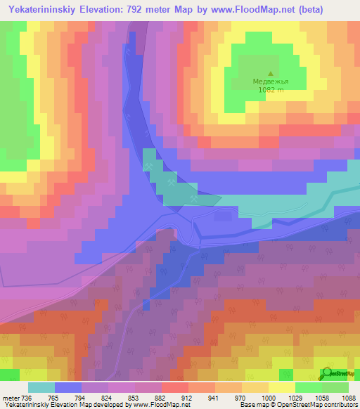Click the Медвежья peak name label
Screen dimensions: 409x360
click(x=271, y=82)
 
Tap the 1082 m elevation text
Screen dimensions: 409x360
click(x=271, y=90)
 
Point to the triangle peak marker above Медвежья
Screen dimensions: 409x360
click(x=271, y=72)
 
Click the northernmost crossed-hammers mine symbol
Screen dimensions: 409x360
click(x=149, y=166)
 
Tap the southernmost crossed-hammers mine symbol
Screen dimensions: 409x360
click(x=193, y=200)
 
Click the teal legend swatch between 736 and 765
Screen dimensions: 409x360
click(x=41, y=387)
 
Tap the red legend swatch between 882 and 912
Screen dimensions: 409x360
click(x=175, y=387)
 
